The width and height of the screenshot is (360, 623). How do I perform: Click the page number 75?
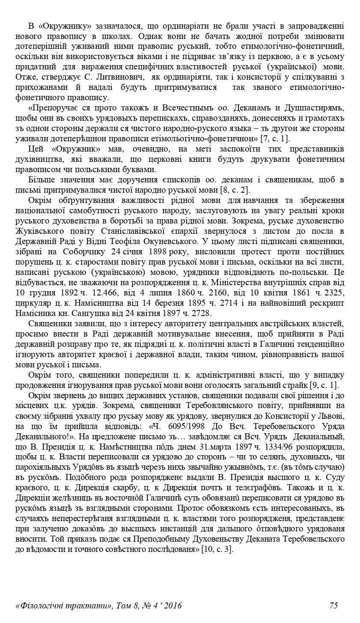[x=333, y=605]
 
